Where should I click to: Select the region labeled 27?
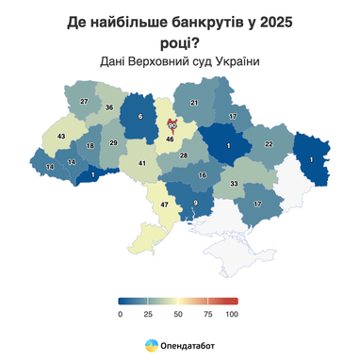point(84,101)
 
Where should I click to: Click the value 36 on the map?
point(109,108)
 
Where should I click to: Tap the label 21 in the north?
point(195,103)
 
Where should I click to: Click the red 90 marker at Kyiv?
point(172,124)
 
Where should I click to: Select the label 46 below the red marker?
point(171,139)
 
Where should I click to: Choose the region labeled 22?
point(268,143)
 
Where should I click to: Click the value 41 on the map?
point(142,164)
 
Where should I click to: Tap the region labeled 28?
point(184,155)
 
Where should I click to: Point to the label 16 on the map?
point(202,176)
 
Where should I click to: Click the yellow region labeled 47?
point(164,205)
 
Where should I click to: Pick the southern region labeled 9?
point(196,205)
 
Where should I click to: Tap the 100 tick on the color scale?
point(232,313)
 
